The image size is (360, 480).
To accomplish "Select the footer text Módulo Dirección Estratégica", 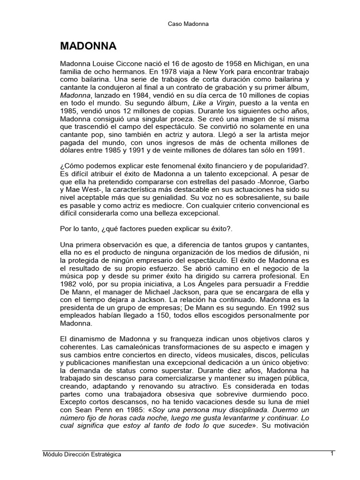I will pos(82,455).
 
